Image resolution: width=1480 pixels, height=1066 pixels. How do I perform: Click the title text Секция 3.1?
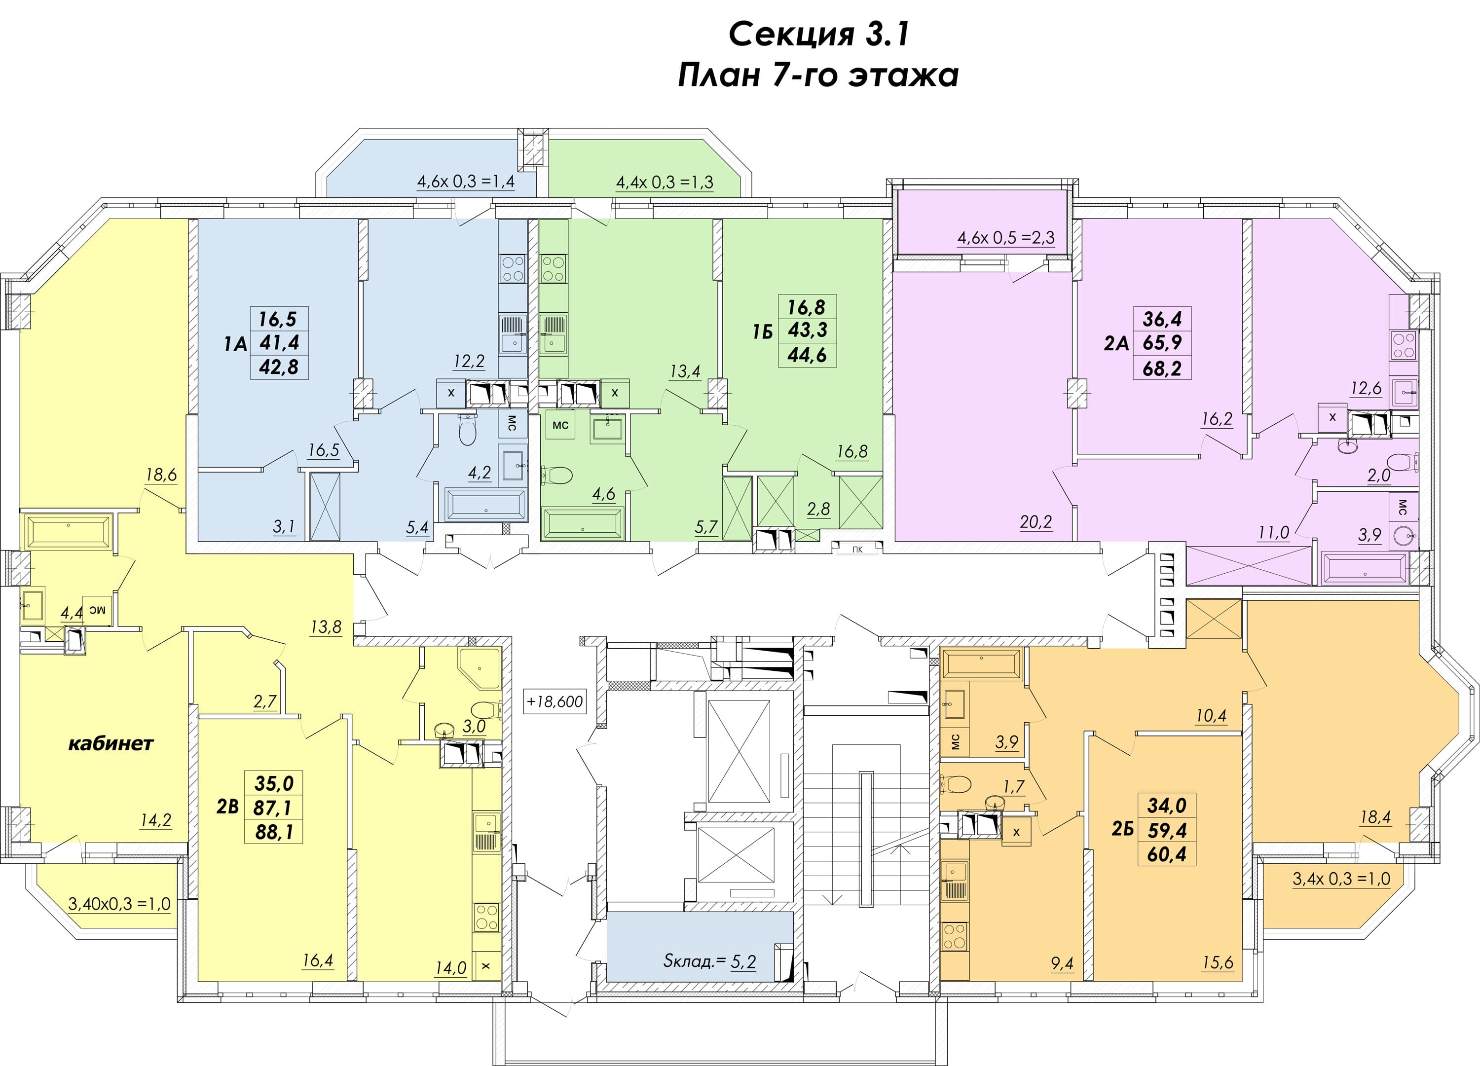tap(818, 35)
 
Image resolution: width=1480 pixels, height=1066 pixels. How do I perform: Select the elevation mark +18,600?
tap(555, 702)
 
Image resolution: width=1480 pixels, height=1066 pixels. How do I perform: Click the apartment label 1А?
tap(236, 344)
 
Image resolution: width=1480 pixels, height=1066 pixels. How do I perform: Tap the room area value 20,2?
tap(1036, 522)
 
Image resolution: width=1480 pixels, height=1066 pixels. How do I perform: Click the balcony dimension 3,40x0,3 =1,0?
tap(119, 904)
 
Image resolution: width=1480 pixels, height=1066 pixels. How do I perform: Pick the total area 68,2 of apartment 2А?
tap(1163, 368)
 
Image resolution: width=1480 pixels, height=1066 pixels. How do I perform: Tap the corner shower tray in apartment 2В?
tap(479, 669)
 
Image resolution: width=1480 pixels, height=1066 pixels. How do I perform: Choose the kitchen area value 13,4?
tap(685, 372)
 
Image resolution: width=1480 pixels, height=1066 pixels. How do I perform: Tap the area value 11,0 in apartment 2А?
tap(1274, 533)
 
